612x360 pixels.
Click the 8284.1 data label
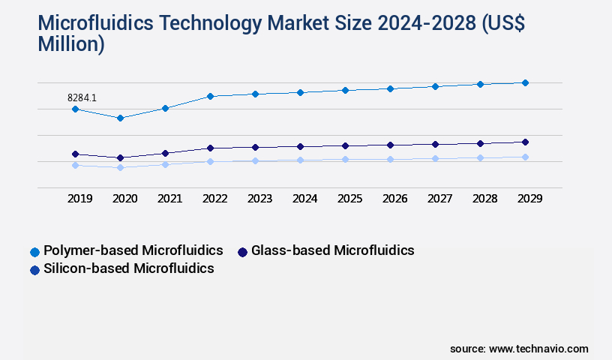tap(82, 97)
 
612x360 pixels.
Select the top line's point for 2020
tap(120, 118)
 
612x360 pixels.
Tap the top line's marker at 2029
tap(525, 82)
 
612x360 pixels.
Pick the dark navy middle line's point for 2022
tap(210, 148)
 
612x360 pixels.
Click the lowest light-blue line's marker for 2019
tap(75, 165)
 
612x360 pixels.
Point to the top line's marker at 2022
tap(210, 96)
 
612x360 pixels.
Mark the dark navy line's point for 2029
tap(525, 142)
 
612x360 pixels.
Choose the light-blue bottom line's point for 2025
tap(345, 159)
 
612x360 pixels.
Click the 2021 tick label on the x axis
tap(169, 199)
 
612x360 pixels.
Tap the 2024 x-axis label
tap(304, 199)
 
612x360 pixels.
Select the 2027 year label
tap(439, 199)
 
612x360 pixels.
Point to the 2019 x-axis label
tap(79, 199)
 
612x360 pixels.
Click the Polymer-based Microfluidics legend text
tap(133, 250)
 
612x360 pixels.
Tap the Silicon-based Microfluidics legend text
tap(129, 268)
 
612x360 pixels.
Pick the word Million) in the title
tap(71, 44)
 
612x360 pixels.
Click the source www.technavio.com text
tap(519, 349)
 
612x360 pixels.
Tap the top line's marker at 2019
tap(75, 109)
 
